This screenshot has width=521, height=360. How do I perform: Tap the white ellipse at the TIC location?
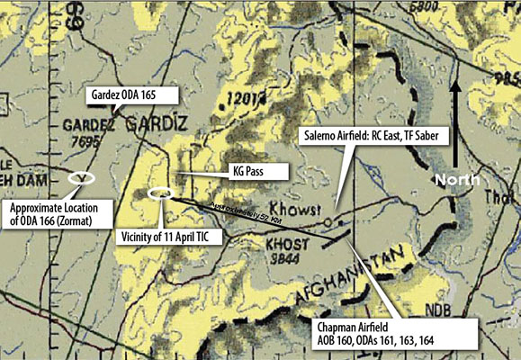point(162,192)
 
